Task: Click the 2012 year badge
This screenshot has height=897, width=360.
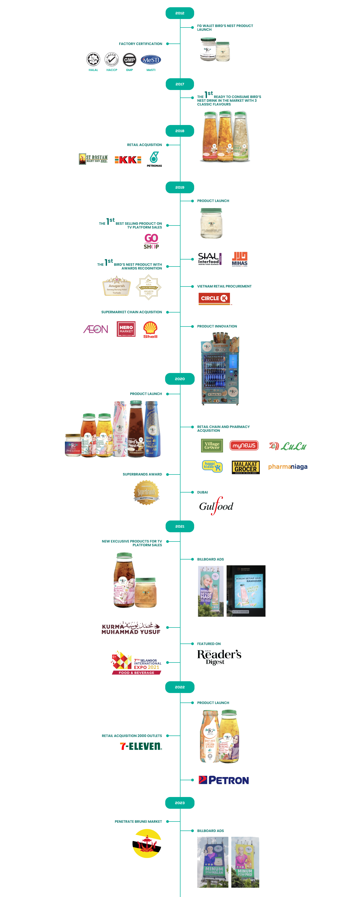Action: tap(180, 13)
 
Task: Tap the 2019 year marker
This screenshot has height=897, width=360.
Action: tap(180, 187)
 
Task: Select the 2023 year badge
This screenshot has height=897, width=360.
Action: tap(180, 803)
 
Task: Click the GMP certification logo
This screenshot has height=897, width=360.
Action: tap(129, 59)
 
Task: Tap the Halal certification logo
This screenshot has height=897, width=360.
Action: tap(93, 59)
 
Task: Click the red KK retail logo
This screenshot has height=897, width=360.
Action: tap(128, 160)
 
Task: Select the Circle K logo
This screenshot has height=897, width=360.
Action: tap(214, 298)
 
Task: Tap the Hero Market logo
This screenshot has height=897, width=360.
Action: tap(126, 329)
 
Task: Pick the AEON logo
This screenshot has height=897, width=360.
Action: tap(95, 329)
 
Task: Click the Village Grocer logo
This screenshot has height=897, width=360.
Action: tap(212, 445)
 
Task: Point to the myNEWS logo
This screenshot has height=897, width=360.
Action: tap(244, 445)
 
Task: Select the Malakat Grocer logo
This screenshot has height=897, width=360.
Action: tap(245, 467)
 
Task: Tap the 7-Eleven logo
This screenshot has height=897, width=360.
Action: tap(141, 746)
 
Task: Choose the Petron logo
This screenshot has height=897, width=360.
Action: tap(223, 780)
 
